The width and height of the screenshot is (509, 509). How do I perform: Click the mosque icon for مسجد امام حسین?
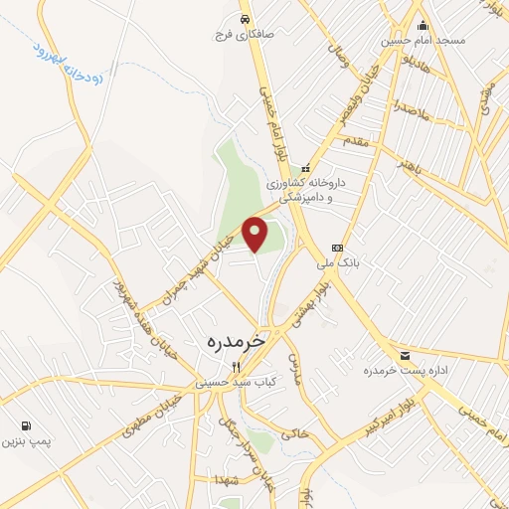423,26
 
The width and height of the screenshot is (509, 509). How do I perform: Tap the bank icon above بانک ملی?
337,248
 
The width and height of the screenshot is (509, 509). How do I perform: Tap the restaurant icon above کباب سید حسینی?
236,366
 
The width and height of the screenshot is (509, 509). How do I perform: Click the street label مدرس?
293,369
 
